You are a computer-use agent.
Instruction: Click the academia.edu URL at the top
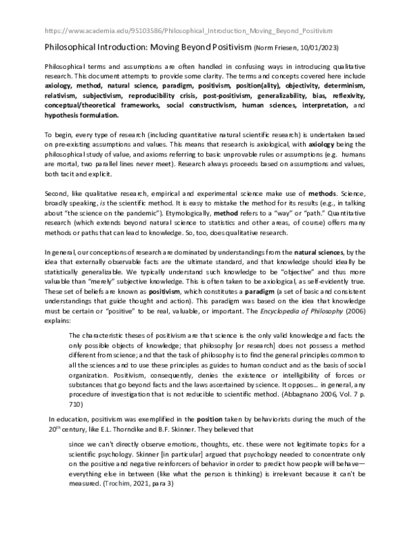(x=188, y=31)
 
